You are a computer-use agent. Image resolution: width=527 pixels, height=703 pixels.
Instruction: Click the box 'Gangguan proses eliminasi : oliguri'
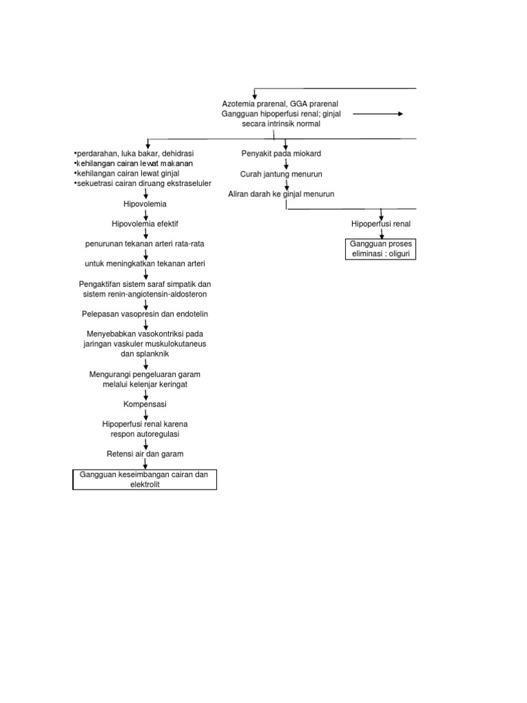point(381,249)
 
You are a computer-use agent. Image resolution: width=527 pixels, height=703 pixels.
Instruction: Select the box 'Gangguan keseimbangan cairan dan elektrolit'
point(145,479)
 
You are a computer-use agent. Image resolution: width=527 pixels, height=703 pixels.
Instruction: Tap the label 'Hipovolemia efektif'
point(145,224)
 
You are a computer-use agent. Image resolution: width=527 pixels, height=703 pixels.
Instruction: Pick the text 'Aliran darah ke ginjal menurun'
point(281,194)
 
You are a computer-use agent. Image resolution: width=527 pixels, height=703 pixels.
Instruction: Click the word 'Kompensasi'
point(145,404)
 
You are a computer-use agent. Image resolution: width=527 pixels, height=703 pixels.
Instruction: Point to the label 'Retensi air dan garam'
point(145,454)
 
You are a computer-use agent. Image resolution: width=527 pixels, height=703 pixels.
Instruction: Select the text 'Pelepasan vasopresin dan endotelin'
point(145,314)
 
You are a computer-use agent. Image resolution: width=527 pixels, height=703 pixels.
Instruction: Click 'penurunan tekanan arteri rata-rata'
point(145,244)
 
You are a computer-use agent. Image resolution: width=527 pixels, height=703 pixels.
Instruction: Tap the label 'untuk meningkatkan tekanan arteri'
point(145,264)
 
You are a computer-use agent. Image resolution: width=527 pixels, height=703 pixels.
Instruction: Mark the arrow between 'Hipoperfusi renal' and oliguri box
point(381,233)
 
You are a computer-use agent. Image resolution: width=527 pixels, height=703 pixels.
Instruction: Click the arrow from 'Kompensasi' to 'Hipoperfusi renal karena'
point(145,415)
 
